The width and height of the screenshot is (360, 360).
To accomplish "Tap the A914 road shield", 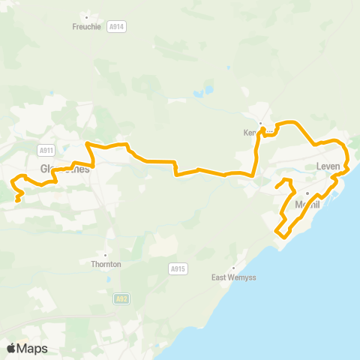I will coord(116,25).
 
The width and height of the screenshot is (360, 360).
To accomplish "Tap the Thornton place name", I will coord(106,264).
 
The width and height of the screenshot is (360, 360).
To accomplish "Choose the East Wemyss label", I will coord(233,277).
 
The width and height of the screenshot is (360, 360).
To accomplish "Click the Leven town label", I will coord(328,166).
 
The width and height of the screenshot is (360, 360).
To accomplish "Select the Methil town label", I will coord(307,205).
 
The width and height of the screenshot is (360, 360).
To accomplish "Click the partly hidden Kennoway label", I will coord(255,133).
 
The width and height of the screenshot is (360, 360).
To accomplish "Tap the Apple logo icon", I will coord(11,348).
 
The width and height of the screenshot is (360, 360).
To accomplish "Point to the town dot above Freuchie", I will coord(87,16).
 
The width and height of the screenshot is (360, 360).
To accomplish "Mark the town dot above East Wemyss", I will coord(233,268).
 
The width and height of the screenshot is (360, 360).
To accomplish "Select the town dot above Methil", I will coord(307,194).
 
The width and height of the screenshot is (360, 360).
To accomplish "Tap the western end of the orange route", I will coord(17,200).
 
